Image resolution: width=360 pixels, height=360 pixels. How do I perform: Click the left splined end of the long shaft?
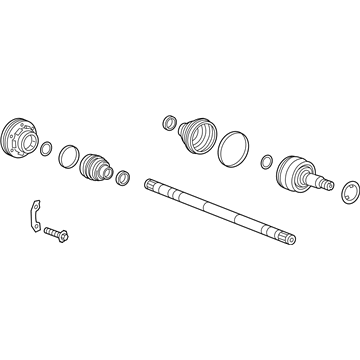pos(152,184)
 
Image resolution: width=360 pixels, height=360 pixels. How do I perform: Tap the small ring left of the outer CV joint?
pos(267,160)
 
